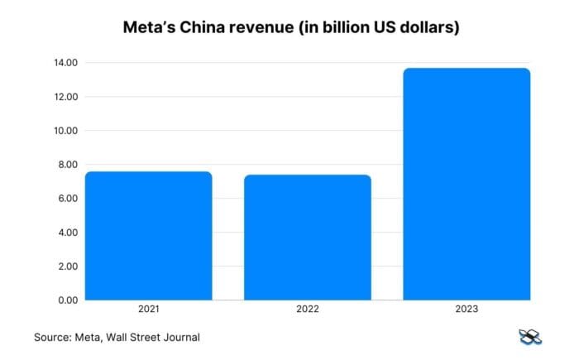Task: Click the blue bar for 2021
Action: coord(149,236)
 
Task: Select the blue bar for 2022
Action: coord(308,238)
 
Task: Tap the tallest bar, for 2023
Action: coord(467,184)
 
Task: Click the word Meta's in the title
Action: coord(149,29)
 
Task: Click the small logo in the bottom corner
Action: coord(529,336)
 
